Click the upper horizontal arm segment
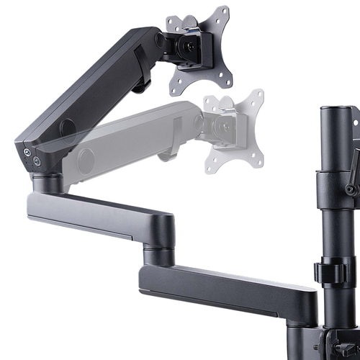[x=101, y=212]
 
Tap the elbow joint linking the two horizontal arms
[x=156, y=241]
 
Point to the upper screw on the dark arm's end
[x=28, y=152]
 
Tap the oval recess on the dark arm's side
[x=68, y=129]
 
